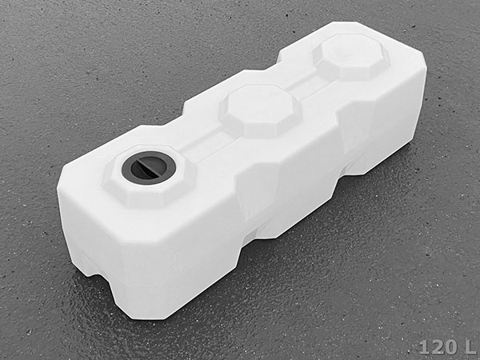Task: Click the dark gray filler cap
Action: (x=149, y=168)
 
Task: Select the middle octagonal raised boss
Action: (x=261, y=111)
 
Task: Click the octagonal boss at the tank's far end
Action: (x=351, y=58)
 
